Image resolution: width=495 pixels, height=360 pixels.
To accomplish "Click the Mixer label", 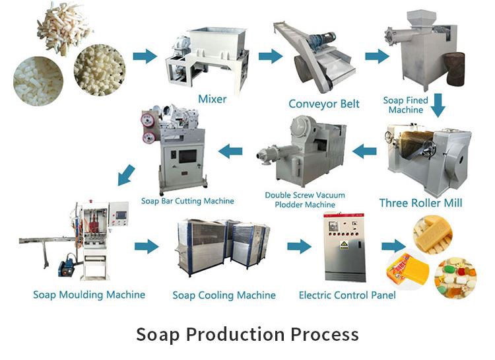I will (212, 100).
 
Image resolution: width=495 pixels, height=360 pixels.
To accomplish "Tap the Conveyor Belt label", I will (323, 104).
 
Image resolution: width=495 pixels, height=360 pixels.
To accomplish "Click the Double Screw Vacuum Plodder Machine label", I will (308, 200).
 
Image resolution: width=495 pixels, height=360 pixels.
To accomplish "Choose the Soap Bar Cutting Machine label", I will (187, 200).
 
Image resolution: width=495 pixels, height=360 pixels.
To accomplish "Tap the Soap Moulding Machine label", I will (89, 294).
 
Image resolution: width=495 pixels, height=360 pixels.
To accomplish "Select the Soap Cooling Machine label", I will (224, 295).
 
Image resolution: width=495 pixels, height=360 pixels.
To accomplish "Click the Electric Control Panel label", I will (347, 295).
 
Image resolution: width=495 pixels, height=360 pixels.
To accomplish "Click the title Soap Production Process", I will (247, 334).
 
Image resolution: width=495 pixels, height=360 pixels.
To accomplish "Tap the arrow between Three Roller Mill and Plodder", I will (364, 152).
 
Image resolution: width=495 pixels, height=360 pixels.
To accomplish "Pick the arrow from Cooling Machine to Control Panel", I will (299, 246).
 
